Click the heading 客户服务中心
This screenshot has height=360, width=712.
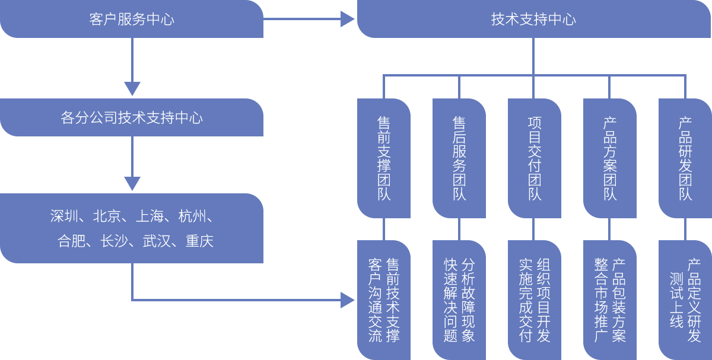132,20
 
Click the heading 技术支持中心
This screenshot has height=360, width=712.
533,20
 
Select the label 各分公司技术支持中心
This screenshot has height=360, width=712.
132,118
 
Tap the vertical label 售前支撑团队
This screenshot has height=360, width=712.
384,158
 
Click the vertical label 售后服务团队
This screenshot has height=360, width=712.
459,158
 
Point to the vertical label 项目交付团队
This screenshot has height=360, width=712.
535,158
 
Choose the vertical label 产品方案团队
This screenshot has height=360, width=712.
610,158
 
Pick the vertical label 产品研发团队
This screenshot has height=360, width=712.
685,158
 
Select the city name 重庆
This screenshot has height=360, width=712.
199,241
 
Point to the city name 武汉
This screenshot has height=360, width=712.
157,241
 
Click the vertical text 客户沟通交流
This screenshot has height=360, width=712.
375,300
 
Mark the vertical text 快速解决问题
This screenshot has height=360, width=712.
450,300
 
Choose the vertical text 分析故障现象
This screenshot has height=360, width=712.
468,300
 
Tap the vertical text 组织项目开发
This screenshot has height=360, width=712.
543,300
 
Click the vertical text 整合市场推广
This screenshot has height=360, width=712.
601,300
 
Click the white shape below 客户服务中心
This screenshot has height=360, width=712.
94,67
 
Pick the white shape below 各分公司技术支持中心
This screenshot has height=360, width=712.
94,164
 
